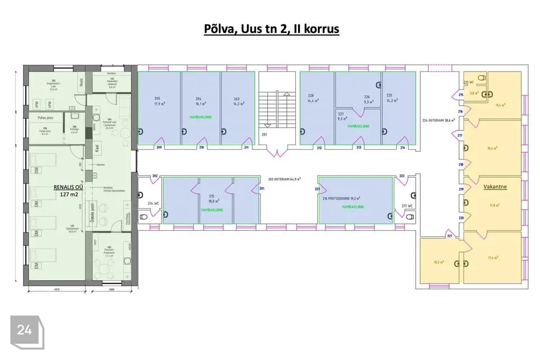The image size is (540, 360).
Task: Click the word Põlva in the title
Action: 221,28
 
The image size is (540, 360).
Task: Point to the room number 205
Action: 157,98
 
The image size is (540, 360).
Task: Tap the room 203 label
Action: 236,98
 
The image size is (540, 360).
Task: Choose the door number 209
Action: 159,148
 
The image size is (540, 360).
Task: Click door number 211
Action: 246,148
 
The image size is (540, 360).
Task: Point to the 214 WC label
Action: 154,203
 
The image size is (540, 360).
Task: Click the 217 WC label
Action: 407,205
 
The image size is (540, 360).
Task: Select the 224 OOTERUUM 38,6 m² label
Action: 439,120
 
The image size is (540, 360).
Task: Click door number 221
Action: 449,236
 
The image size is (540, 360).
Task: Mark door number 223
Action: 317,189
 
